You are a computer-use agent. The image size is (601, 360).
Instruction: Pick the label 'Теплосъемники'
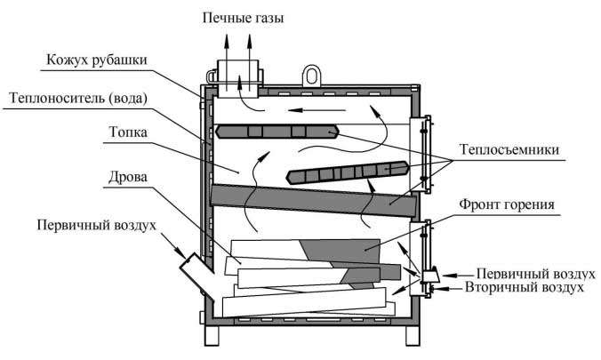click(x=509, y=150)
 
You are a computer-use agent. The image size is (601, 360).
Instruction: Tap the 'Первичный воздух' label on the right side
click(x=531, y=273)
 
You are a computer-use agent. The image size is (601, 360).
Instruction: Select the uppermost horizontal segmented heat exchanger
click(x=276, y=132)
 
